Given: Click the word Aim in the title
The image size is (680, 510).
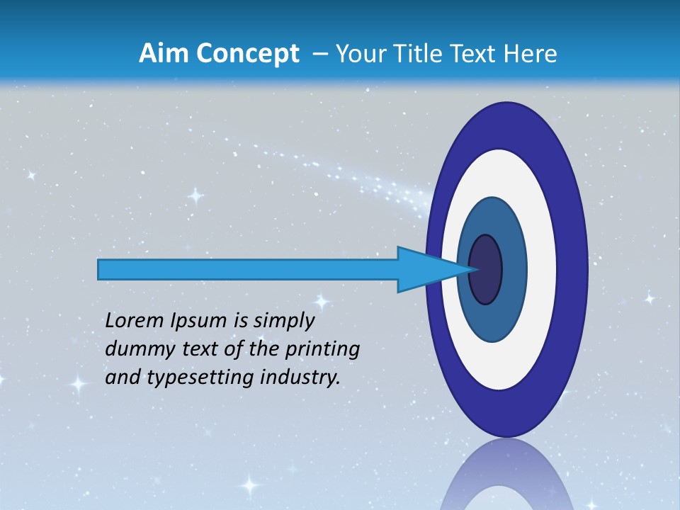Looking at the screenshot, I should [164, 54].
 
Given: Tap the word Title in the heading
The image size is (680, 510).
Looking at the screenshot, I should [416, 54].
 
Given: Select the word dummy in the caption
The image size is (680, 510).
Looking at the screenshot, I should [133, 349].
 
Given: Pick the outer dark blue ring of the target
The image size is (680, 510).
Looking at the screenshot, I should [575, 269].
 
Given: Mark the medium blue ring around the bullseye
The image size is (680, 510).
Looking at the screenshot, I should [514, 270].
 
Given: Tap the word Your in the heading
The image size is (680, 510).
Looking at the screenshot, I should [358, 54].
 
